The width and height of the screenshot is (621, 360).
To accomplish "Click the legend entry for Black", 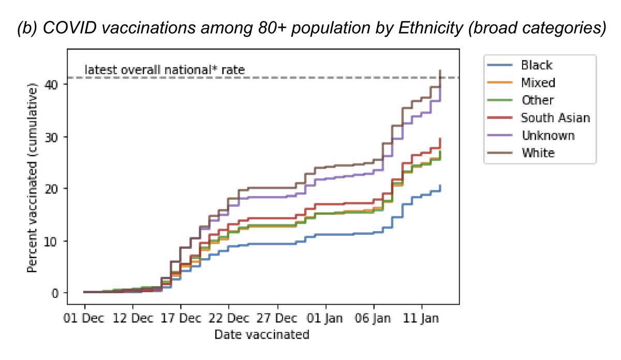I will coord(537,65).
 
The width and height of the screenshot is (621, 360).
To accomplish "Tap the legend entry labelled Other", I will coord(537,100).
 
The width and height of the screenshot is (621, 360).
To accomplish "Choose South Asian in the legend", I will coord(555,118).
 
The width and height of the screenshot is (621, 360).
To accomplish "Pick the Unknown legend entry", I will coord(548,136).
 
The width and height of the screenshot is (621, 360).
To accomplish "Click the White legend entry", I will coord(538,153).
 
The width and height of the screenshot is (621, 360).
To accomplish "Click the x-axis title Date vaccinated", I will coord(261,335).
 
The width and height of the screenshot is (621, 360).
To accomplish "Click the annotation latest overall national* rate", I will coord(164,69).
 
